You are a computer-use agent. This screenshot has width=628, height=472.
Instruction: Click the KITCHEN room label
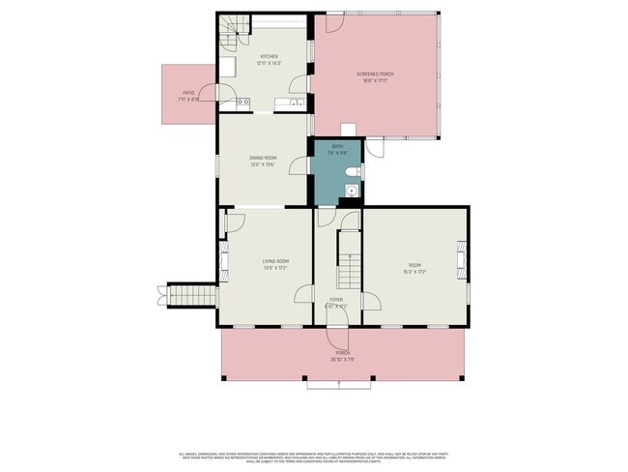pos(269,57)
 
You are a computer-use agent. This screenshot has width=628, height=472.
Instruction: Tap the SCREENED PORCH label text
pos(375,74)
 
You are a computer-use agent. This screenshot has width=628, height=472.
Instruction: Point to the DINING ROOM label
pos(263,158)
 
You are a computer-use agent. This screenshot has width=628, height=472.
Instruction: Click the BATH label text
pos(337,146)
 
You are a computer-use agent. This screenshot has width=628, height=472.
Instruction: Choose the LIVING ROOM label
pos(275,261)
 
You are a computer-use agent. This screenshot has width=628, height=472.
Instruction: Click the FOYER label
pos(336,300)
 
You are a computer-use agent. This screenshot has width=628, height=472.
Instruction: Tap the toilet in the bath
pos(356,172)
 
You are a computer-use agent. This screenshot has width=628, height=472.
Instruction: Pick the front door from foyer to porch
pos(337,338)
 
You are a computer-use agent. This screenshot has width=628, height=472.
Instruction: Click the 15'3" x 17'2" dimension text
pos(415,272)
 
